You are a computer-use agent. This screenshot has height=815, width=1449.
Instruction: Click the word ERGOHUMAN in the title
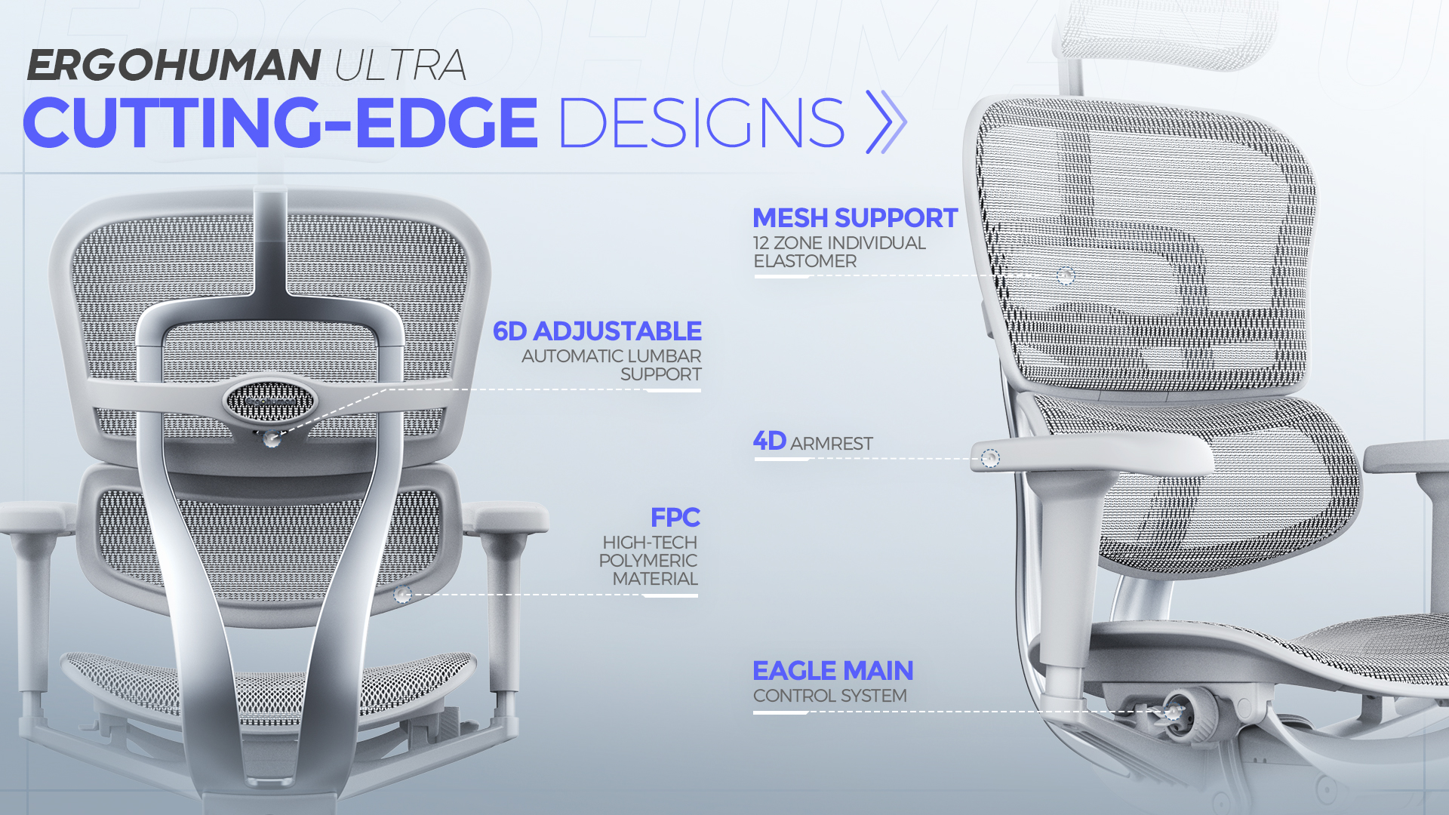[x=174, y=65]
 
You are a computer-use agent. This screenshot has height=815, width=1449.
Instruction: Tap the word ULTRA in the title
[x=400, y=65]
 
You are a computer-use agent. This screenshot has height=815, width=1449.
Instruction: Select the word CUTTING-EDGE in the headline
[x=280, y=122]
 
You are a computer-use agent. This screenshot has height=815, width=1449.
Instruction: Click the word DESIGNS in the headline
[x=701, y=122]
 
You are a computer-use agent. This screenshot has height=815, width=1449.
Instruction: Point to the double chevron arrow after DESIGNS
[x=886, y=121]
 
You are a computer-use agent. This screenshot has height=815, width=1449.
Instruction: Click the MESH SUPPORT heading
[x=855, y=218]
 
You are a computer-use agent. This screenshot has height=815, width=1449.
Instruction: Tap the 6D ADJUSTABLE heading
[x=597, y=331]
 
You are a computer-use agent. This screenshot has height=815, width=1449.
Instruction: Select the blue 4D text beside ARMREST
[x=769, y=441]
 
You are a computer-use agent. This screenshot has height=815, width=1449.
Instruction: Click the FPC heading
[x=675, y=518]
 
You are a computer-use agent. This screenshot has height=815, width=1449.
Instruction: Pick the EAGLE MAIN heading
[x=833, y=671]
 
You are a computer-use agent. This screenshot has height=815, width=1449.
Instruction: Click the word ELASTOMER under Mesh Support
[x=805, y=261]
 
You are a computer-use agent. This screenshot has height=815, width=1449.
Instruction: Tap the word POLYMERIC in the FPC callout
[x=648, y=561]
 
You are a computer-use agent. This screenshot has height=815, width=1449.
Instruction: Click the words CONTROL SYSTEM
[x=830, y=696]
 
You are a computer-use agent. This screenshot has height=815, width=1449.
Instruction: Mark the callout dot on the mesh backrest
[x=1066, y=275]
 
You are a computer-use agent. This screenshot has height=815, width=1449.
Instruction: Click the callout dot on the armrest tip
[x=990, y=458]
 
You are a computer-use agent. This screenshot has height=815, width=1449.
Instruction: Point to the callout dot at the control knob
[x=1173, y=712]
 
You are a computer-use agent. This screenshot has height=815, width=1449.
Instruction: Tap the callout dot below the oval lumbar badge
[x=272, y=438]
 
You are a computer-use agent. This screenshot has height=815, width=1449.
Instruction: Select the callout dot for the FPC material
[x=403, y=595]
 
